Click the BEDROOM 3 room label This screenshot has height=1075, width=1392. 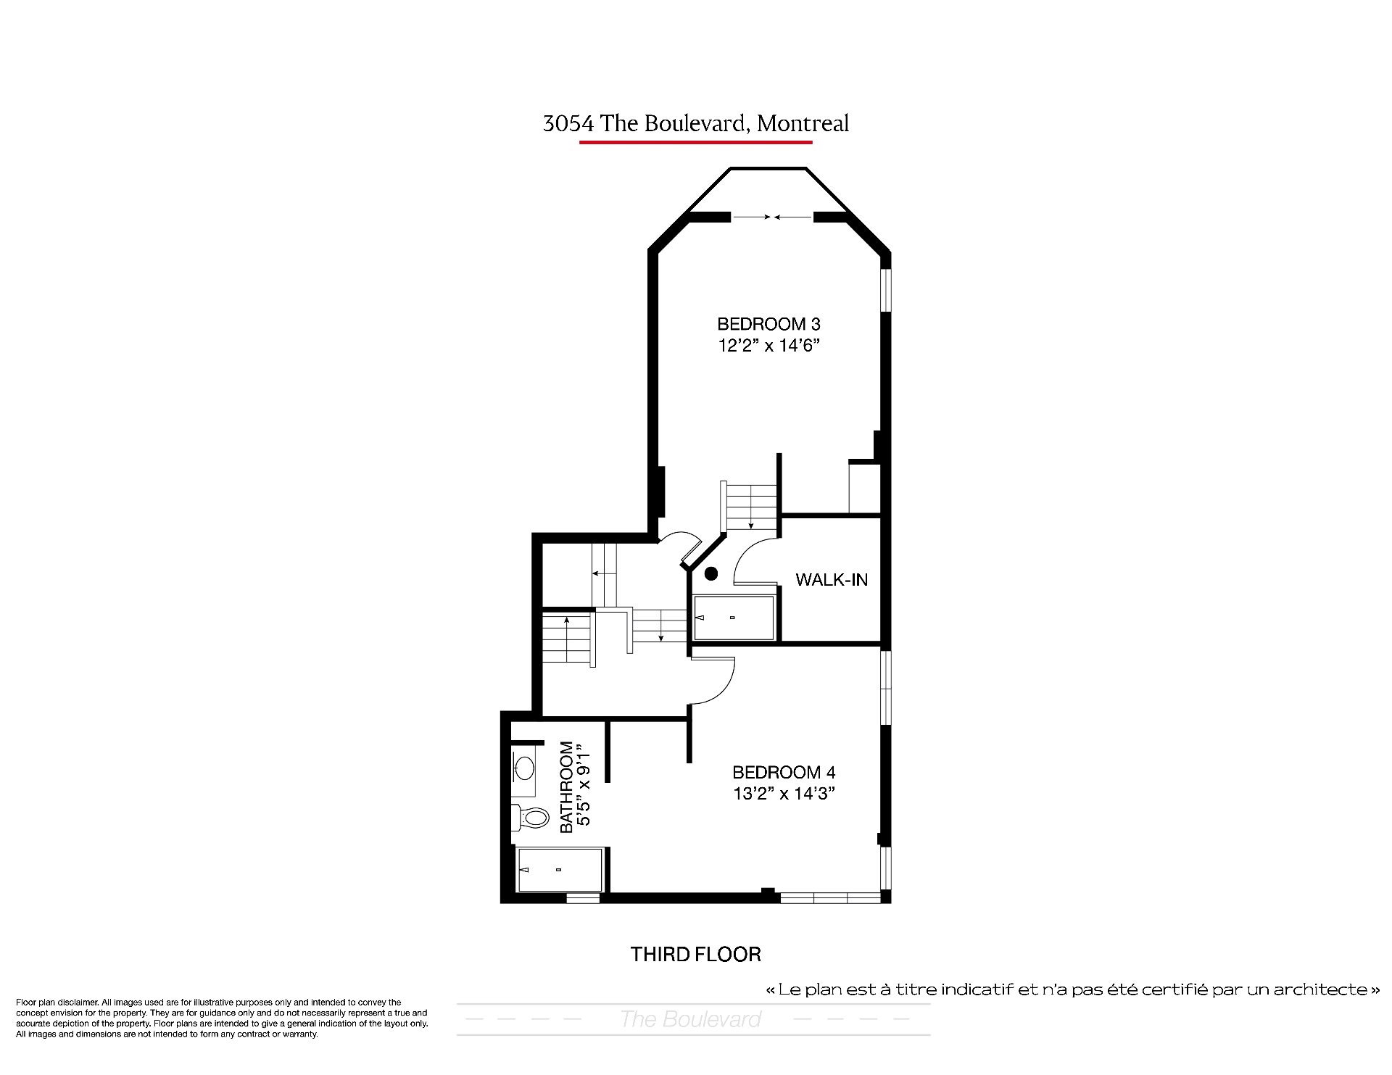pyautogui.click(x=768, y=324)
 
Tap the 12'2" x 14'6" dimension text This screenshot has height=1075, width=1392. pyautogui.click(x=768, y=346)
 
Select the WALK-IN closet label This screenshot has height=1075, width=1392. pyautogui.click(x=832, y=580)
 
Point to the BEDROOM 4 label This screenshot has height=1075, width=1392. pyautogui.click(x=784, y=772)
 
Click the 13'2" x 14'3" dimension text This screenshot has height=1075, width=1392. pyautogui.click(x=784, y=794)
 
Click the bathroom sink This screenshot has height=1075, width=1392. pyautogui.click(x=523, y=766)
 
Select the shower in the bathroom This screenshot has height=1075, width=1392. pyautogui.click(x=560, y=870)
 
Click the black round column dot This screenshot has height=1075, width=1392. pyautogui.click(x=711, y=573)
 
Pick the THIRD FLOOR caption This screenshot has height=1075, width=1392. pyautogui.click(x=696, y=954)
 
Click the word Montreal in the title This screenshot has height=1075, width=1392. pyautogui.click(x=803, y=124)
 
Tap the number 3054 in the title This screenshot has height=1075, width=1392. pyautogui.click(x=569, y=124)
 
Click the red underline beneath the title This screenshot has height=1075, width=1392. pyautogui.click(x=696, y=142)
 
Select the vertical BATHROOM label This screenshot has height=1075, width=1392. pyautogui.click(x=567, y=786)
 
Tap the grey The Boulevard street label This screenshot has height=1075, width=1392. pyautogui.click(x=691, y=1019)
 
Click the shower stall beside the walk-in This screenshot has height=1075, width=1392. pyautogui.click(x=734, y=618)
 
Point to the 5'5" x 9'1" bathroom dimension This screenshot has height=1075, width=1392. pyautogui.click(x=586, y=786)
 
